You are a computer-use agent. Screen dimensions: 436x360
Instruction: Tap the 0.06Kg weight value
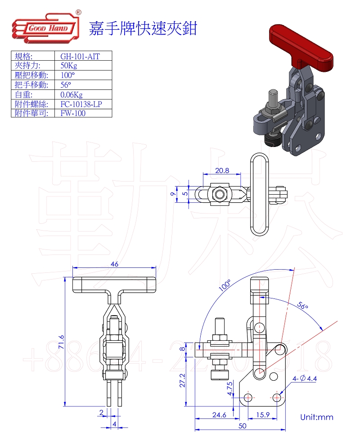72,94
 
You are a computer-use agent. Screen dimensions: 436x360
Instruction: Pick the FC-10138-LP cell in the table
81,104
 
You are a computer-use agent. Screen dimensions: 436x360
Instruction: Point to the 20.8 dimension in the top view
222,171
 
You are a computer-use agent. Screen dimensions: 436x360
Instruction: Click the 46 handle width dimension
114,264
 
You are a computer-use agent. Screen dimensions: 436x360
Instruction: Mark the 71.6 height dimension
62,343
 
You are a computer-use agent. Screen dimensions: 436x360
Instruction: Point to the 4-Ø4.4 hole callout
305,379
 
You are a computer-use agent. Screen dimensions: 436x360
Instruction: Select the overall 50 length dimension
242,425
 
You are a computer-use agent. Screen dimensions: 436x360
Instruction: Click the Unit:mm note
317,417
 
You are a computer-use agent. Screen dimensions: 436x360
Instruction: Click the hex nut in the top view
220,194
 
